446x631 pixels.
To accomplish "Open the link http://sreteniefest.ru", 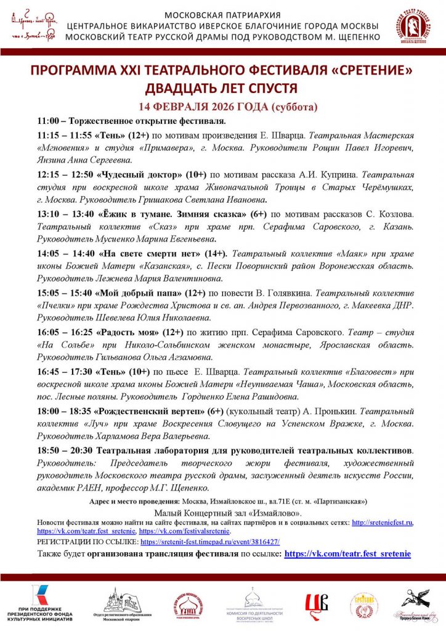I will [382, 523].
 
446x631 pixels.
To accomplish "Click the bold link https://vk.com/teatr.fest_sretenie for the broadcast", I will [347, 554].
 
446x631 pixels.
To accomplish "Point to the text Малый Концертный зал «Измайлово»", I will [222, 511].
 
